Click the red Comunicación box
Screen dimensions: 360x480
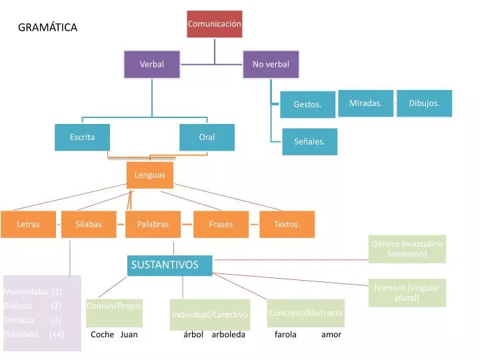(215, 24)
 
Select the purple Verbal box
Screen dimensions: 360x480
(151, 64)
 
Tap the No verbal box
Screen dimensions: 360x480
(271, 64)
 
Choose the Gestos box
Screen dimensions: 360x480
(307, 104)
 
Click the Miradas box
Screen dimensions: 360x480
(365, 103)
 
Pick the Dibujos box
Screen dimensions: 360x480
(424, 103)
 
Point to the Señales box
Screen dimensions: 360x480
(309, 141)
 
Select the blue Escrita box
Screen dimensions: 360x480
(82, 137)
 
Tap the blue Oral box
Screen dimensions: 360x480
(207, 137)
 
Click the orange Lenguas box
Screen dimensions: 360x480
(150, 175)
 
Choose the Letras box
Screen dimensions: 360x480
(28, 224)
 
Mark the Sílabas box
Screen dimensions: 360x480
(89, 224)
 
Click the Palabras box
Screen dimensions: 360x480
(153, 224)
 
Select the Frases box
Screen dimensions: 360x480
(221, 224)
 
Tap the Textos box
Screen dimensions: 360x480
(287, 224)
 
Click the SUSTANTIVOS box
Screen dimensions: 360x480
(169, 265)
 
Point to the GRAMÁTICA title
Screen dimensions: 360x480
(47, 27)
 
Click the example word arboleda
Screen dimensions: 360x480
(228, 335)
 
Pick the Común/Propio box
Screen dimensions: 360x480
(114, 306)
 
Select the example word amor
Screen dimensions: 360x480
(331, 335)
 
